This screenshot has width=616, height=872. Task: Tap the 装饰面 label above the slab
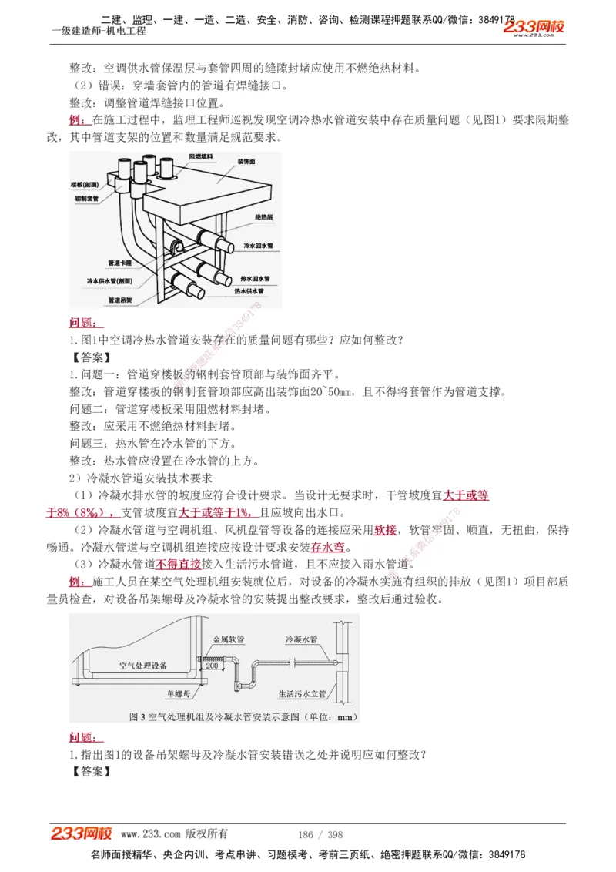pos(246,162)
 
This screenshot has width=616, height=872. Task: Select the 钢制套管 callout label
pos(86,199)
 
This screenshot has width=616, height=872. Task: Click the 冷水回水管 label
pos(258,246)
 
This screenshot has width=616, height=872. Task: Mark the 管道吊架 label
pos(122,300)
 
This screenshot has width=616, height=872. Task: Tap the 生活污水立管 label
pos(303,693)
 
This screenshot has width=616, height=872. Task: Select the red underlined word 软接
pos(386,530)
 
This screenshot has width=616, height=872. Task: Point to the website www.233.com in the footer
pos(150,834)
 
